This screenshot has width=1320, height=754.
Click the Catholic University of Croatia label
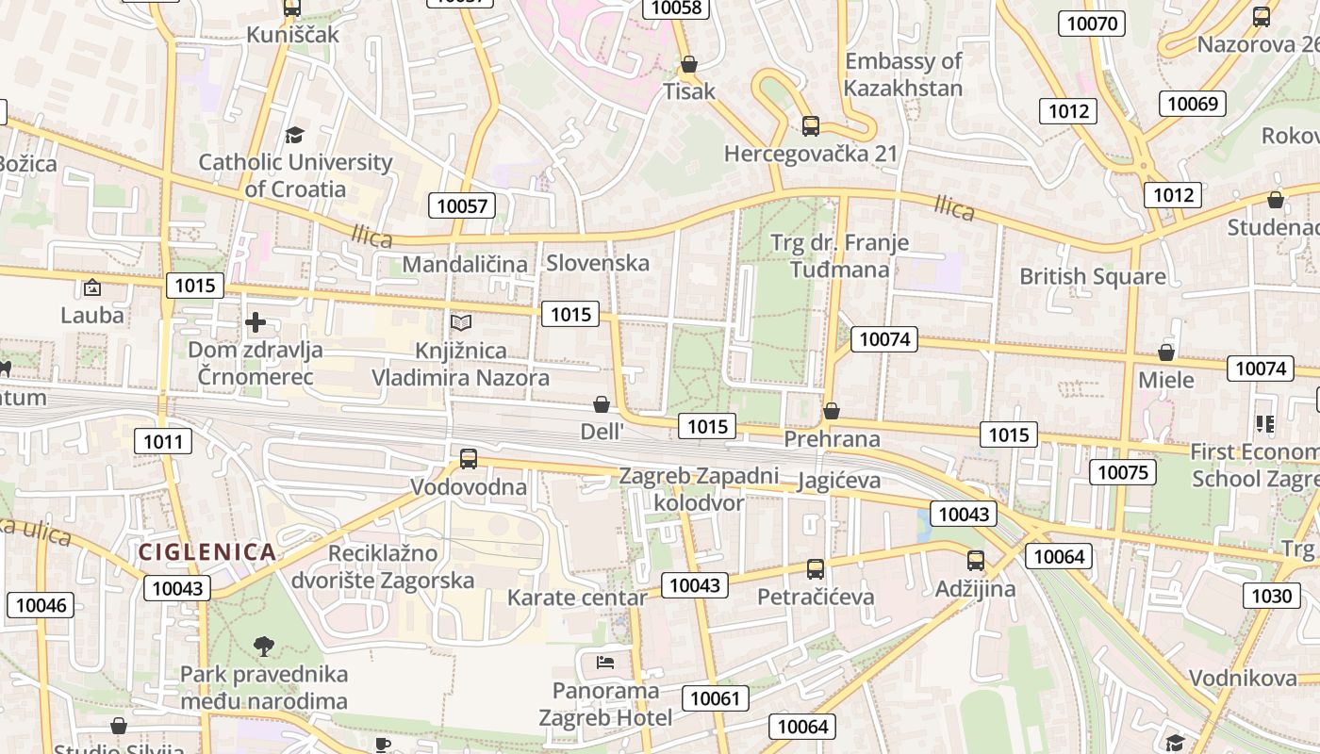pyautogui.click(x=295, y=175)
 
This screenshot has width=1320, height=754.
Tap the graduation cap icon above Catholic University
pyautogui.click(x=295, y=135)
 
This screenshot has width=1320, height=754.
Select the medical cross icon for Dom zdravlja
pyautogui.click(x=255, y=323)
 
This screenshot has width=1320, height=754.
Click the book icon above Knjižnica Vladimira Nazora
pyautogui.click(x=460, y=323)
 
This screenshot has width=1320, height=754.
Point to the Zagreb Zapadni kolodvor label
pyautogui.click(x=699, y=488)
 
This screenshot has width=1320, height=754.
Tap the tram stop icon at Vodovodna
pyautogui.click(x=469, y=459)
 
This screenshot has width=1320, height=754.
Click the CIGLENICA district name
pyautogui.click(x=207, y=552)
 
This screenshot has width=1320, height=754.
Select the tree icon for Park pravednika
pyautogui.click(x=264, y=647)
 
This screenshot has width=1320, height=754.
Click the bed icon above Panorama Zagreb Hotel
pyautogui.click(x=605, y=662)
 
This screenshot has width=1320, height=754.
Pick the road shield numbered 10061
pyautogui.click(x=716, y=698)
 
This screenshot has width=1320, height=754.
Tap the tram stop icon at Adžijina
pyautogui.click(x=975, y=561)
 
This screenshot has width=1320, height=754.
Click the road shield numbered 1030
pyautogui.click(x=1271, y=596)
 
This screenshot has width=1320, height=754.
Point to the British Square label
pyautogui.click(x=1093, y=277)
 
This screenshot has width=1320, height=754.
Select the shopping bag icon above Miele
pyautogui.click(x=1166, y=352)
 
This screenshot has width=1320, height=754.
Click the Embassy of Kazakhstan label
pyautogui.click(x=903, y=74)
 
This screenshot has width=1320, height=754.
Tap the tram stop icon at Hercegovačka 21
pyautogui.click(x=810, y=125)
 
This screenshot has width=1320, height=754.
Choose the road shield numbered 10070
pyautogui.click(x=1092, y=24)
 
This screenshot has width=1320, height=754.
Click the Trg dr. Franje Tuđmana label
pyautogui.click(x=840, y=256)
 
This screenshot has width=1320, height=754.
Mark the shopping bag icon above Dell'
pyautogui.click(x=602, y=404)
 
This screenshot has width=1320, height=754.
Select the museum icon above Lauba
pyautogui.click(x=92, y=287)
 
